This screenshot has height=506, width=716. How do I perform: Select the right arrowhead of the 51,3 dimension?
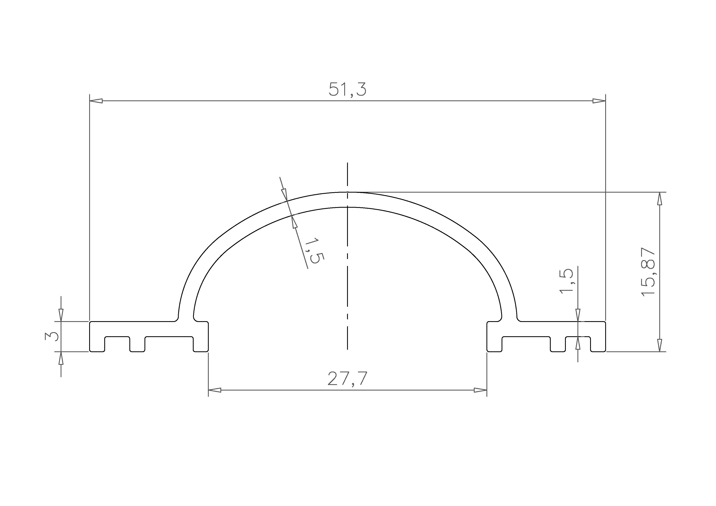599,101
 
